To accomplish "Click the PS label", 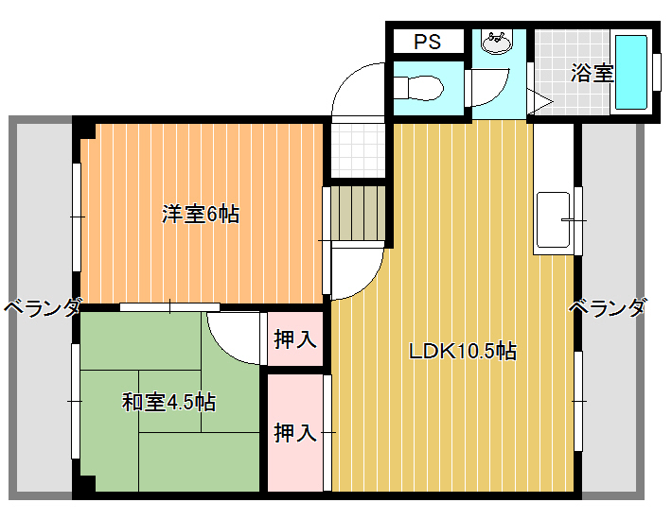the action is tap(427, 42).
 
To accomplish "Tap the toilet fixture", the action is tap(417, 89).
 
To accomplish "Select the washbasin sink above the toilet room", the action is tap(497, 42).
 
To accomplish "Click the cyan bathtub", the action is tap(631, 73).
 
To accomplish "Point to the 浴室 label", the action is tap(592, 73).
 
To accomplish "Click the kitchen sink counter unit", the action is tap(554, 219).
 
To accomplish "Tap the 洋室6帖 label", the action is tap(201, 214).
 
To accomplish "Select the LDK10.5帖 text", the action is tap(463, 352).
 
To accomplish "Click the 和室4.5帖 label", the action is tap(168, 403).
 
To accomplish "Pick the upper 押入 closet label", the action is tap(295, 339).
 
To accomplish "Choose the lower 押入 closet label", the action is tap(295, 433).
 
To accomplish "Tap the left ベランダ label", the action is tap(42, 307).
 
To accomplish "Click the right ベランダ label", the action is tap(607, 307).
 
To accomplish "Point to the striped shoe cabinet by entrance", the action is tap(359, 213).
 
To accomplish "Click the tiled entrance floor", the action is tap(359, 150).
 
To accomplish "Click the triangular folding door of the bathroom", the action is tap(539, 102).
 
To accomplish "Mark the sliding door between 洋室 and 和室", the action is tap(169, 307).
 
